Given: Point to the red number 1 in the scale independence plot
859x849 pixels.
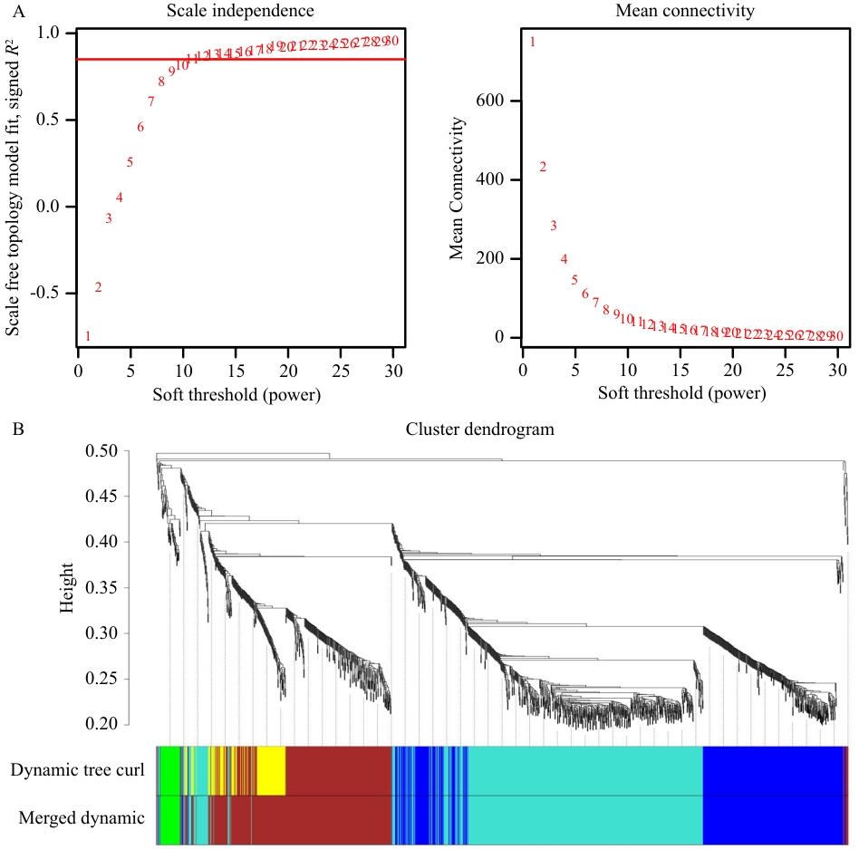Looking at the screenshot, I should pos(88,336).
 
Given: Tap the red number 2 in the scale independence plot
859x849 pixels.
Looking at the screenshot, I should pos(98,287).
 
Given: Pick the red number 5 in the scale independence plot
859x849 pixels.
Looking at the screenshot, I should pos(130,162).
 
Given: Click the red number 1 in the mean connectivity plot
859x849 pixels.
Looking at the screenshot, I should pos(533,42).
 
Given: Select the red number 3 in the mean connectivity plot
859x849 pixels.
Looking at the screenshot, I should pos(553,226).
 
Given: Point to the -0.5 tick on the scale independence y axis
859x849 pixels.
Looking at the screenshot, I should pos(53,294).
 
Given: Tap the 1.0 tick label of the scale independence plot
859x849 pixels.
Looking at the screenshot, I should pos(57,33).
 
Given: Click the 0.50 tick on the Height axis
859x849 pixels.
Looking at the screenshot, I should pos(101,451).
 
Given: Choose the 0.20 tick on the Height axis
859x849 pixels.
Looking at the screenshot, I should pos(101,725).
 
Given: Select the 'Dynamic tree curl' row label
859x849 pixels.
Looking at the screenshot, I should pos(78,770).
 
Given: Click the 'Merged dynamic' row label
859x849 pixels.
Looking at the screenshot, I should pos(82,818).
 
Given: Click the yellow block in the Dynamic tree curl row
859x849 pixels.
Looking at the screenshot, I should pos(271,770).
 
